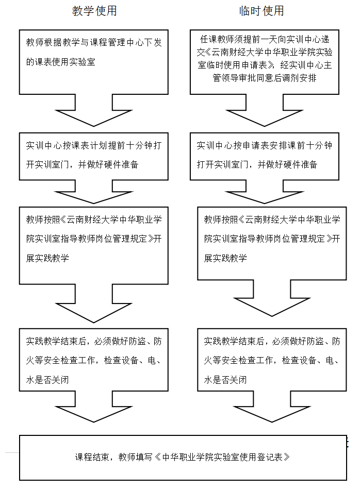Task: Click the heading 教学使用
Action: [94, 11]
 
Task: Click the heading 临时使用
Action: [261, 11]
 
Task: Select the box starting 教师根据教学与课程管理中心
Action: [94, 62]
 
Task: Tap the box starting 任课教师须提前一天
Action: [265, 62]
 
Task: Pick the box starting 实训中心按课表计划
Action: [94, 156]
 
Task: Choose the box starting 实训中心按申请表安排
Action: [265, 156]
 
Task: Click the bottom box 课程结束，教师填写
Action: [183, 458]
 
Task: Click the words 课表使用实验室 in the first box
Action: [65, 62]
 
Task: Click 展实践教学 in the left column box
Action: [47, 258]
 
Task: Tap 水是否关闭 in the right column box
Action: [225, 380]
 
